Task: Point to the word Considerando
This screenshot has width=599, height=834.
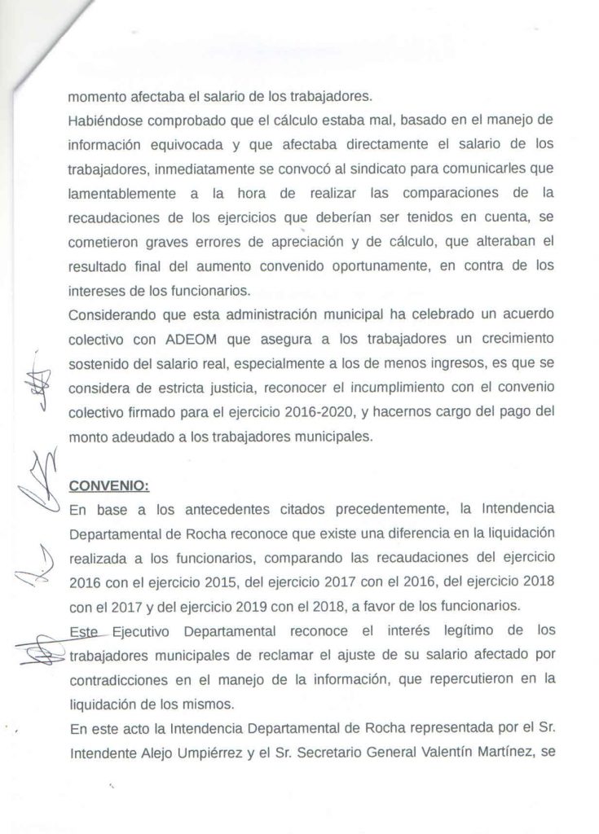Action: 112,314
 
